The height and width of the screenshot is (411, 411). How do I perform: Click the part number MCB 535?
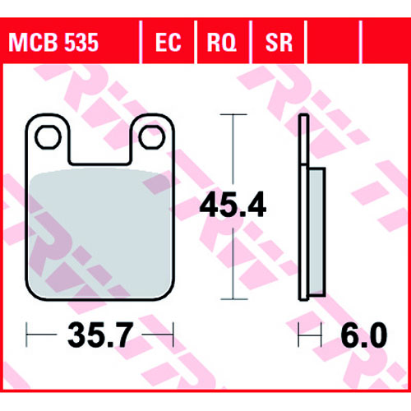53,43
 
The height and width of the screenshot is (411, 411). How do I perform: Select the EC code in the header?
169,43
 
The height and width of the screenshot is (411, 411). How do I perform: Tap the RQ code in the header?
222,43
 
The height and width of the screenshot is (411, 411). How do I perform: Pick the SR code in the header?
279,43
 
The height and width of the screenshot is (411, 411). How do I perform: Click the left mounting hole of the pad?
48,137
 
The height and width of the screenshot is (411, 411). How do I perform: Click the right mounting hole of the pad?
152,137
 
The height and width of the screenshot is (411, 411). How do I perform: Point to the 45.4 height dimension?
233,205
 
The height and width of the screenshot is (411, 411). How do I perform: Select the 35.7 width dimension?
100,335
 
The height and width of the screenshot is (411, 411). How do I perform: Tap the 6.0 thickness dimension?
364,335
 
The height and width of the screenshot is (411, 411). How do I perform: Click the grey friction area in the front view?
100,233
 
